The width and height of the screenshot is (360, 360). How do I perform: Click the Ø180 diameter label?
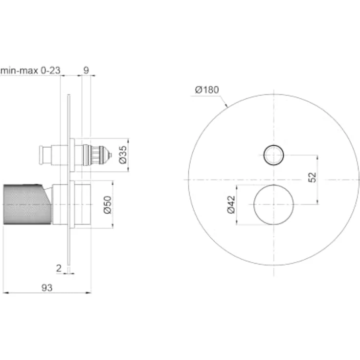pos(207,90)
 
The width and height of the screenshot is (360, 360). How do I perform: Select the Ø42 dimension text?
pos(231,204)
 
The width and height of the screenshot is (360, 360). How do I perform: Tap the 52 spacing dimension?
pos(312,177)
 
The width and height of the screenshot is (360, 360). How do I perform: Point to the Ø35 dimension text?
pos(123,155)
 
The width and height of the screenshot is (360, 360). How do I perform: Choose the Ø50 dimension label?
pos(108,205)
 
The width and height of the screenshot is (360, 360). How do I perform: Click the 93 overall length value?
pos(47,288)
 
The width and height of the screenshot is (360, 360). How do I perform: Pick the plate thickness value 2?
pos(59,268)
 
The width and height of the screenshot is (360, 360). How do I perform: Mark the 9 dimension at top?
pos(86,70)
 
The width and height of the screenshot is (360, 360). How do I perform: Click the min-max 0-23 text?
pos(30,70)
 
